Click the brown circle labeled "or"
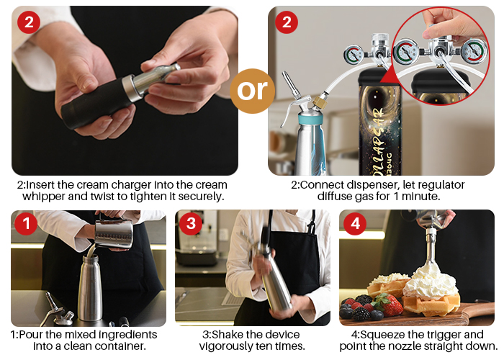pyautogui.click(x=252, y=91)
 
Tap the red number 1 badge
pyautogui.click(x=26, y=223)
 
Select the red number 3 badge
pyautogui.click(x=191, y=223)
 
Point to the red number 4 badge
pyautogui.click(x=355, y=223)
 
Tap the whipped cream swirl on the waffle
pyautogui.click(x=429, y=282)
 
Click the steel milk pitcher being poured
pyautogui.click(x=114, y=234)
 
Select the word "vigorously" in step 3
pyautogui.click(x=224, y=346)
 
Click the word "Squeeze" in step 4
pyautogui.click(x=383, y=335)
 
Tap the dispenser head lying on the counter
pyautogui.click(x=57, y=310)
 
